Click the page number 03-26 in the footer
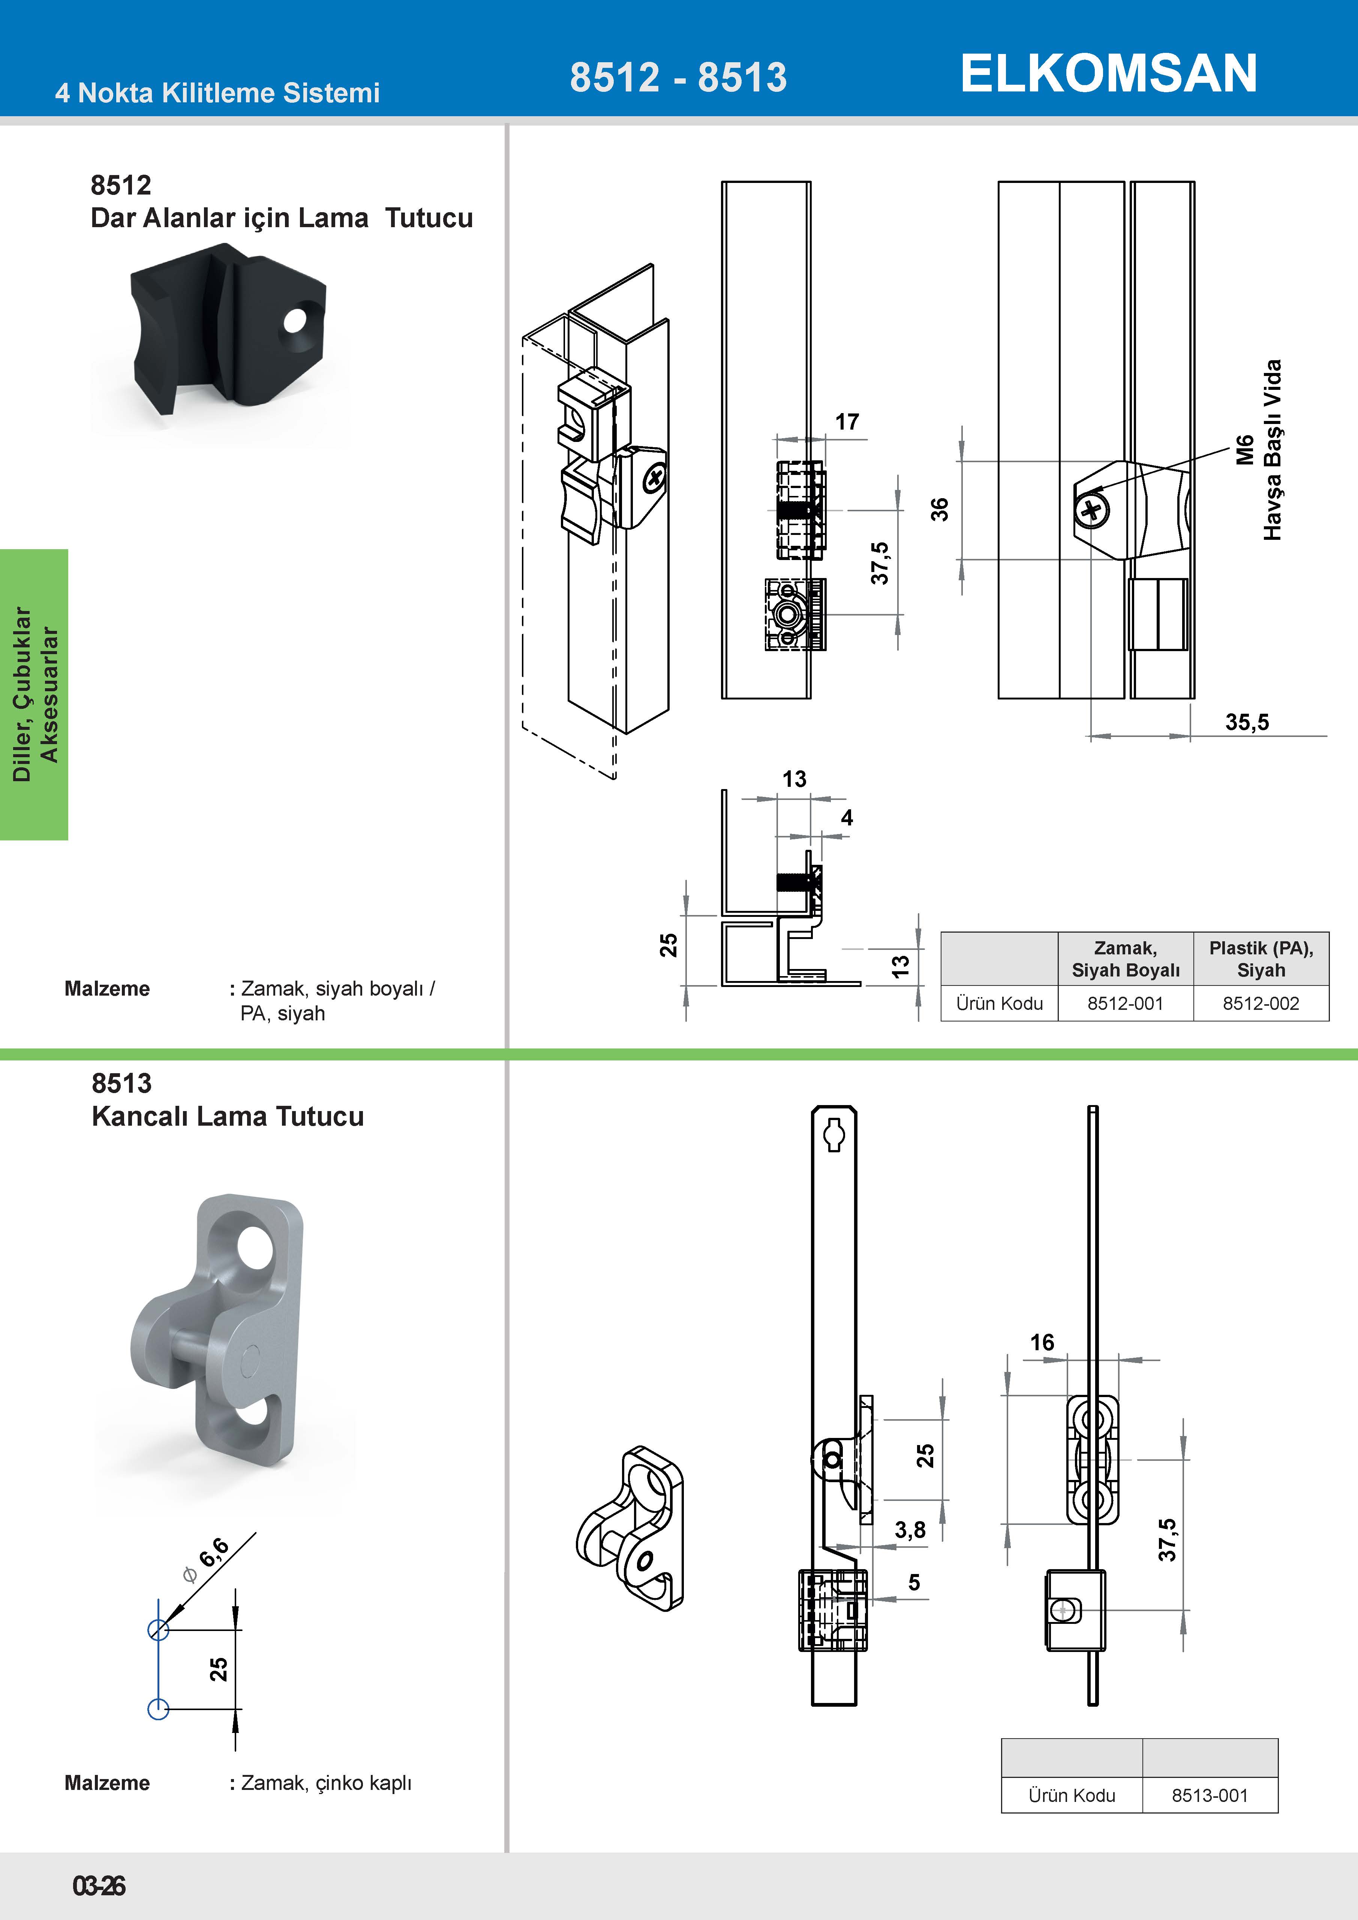99,1886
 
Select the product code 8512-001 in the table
1126,1003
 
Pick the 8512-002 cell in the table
1261,1003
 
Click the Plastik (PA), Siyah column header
1261,959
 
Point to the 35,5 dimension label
1247,722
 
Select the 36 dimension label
940,509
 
